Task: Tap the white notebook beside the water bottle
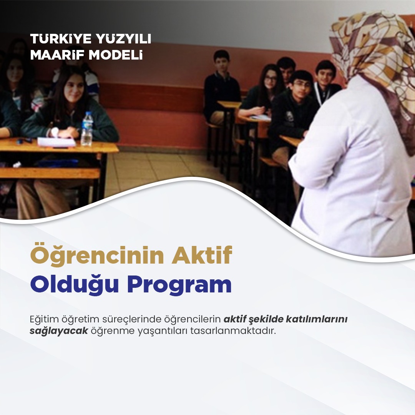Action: [x=56, y=142]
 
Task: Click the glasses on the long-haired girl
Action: [x=270, y=79]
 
